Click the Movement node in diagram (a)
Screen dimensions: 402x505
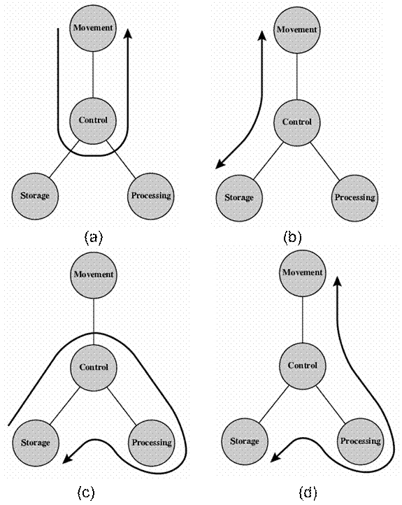pos(93,28)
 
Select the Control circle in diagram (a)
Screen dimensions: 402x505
pos(93,120)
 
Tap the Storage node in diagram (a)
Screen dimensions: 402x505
pos(35,196)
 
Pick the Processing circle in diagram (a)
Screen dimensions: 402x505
pos(150,196)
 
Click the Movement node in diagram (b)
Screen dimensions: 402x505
pos(296,30)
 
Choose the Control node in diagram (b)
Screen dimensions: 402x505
pos(296,122)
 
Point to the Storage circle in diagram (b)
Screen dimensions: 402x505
pos(239,198)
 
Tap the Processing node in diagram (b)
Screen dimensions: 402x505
pos(354,198)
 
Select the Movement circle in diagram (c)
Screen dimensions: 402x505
pos(94,275)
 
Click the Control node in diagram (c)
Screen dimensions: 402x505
pos(94,368)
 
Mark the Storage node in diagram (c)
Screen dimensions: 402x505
pos(36,443)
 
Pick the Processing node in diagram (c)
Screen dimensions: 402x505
pos(152,443)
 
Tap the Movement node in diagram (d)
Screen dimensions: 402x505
pos(302,273)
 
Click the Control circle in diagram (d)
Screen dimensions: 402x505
pos(302,366)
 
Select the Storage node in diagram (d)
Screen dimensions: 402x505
pos(245,441)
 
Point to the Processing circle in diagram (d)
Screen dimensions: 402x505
pos(361,441)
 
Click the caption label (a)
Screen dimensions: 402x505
pos(94,238)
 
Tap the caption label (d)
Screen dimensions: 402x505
pos(308,493)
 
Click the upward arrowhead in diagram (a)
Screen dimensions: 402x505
pos(128,34)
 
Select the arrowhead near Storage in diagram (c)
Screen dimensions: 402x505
pos(67,459)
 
